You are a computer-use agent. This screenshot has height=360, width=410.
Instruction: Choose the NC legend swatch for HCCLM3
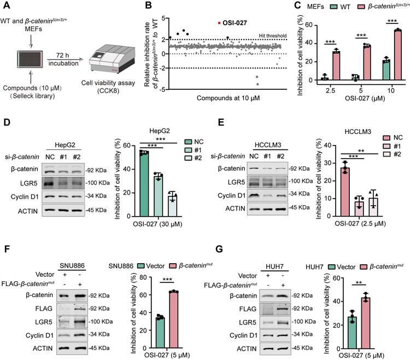(374, 137)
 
